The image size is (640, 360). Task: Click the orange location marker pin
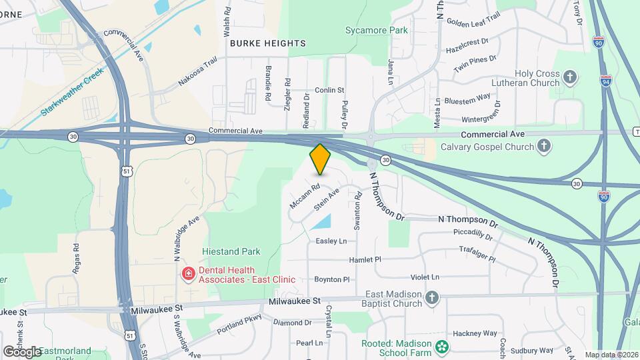pyautogui.click(x=320, y=159)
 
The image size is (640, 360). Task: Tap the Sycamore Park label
pyautogui.click(x=377, y=30)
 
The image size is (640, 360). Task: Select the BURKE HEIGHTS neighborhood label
pyautogui.click(x=267, y=43)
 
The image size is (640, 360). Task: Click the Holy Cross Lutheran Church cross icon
pyautogui.click(x=570, y=77)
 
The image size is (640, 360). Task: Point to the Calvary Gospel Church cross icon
pyautogui.click(x=545, y=145)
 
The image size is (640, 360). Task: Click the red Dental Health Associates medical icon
pyautogui.click(x=189, y=274)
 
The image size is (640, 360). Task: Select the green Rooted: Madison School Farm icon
pyautogui.click(x=441, y=347)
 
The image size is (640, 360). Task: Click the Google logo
pyautogui.click(x=21, y=351)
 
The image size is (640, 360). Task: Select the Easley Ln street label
pyautogui.click(x=331, y=241)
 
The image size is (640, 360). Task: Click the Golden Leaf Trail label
pyautogui.click(x=473, y=22)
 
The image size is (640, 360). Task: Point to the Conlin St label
pyautogui.click(x=329, y=89)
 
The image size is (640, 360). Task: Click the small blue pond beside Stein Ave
pyautogui.click(x=321, y=222)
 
